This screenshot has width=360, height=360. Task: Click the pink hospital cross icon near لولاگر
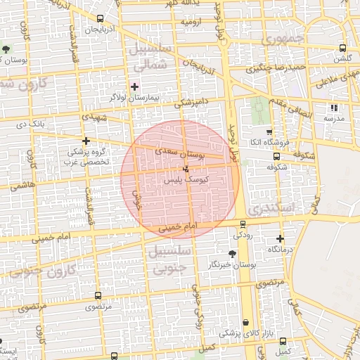pyautogui.click(x=135, y=86)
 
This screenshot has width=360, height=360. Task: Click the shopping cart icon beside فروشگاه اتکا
pyautogui.click(x=269, y=131)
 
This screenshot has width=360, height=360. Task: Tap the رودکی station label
pyautogui.click(x=243, y=236)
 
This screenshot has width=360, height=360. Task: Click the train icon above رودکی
pyautogui.click(x=243, y=225)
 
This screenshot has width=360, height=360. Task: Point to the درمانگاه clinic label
pyautogui.click(x=281, y=250)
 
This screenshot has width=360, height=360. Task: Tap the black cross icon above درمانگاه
pyautogui.click(x=281, y=239)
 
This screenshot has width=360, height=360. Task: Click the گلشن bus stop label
pyautogui.click(x=342, y=59)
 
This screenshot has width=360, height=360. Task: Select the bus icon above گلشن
pyautogui.click(x=342, y=49)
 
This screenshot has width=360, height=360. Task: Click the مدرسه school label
pyautogui.click(x=333, y=119)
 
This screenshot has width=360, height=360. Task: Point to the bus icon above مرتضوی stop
pyautogui.click(x=97, y=296)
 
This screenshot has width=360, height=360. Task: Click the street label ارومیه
pyautogui.click(x=191, y=22)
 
